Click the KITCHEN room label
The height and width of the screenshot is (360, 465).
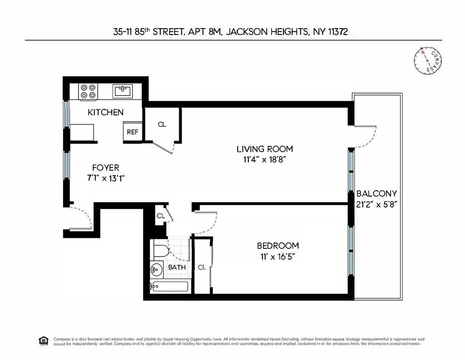pyautogui.click(x=105, y=112)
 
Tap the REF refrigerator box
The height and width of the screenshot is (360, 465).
pyautogui.click(x=133, y=132)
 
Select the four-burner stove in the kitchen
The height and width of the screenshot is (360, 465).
pyautogui.click(x=88, y=91)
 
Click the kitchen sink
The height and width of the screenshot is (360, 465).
pyautogui.click(x=122, y=90)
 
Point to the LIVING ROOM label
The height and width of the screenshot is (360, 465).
pyautogui.click(x=264, y=149)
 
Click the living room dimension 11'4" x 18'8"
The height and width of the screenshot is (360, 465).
pyautogui.click(x=264, y=159)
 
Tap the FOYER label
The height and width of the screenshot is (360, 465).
pyautogui.click(x=105, y=168)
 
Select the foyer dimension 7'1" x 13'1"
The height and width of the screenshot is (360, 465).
pyautogui.click(x=105, y=178)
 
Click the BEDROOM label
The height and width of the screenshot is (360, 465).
pyautogui.click(x=277, y=246)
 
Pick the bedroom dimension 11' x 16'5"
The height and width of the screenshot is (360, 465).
pyautogui.click(x=277, y=256)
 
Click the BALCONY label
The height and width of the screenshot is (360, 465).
pyautogui.click(x=376, y=193)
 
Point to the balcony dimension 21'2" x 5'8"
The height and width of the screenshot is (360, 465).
pyautogui.click(x=376, y=204)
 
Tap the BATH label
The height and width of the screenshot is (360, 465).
pyautogui.click(x=177, y=267)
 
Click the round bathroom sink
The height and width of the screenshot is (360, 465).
pyautogui.click(x=156, y=269)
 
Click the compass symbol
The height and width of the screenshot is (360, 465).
pyautogui.click(x=428, y=60)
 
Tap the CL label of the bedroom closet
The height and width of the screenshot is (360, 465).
pyautogui.click(x=202, y=267)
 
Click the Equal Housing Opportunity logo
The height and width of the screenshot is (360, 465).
pyautogui.click(x=44, y=341)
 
